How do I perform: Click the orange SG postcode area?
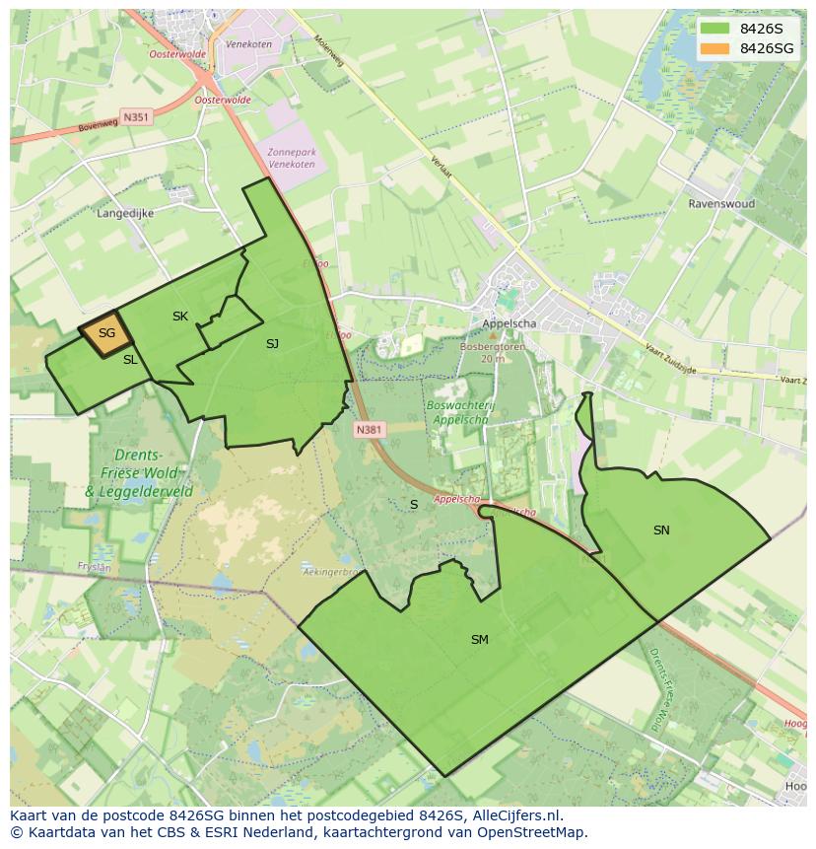click(x=104, y=333)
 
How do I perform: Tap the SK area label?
click(x=180, y=317)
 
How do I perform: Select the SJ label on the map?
click(x=273, y=344)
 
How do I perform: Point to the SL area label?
click(x=130, y=361)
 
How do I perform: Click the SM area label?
click(x=480, y=640)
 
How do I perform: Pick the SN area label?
click(x=661, y=531)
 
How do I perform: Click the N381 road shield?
click(x=369, y=430)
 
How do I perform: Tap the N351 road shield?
click(x=136, y=117)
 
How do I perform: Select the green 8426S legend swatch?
click(x=714, y=29)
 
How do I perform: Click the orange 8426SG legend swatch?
click(x=714, y=48)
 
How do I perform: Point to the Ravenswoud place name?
click(x=721, y=204)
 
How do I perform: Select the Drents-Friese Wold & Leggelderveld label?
click(x=139, y=472)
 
